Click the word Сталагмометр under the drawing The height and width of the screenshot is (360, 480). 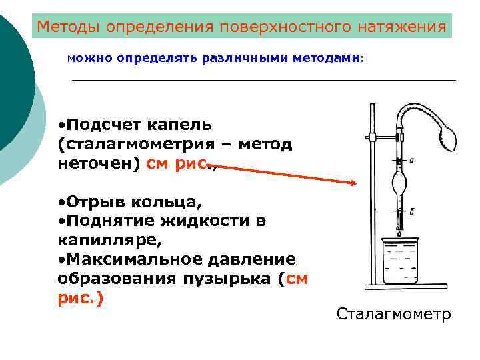pos(393,314)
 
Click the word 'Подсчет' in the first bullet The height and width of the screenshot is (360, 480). pos(100,125)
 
